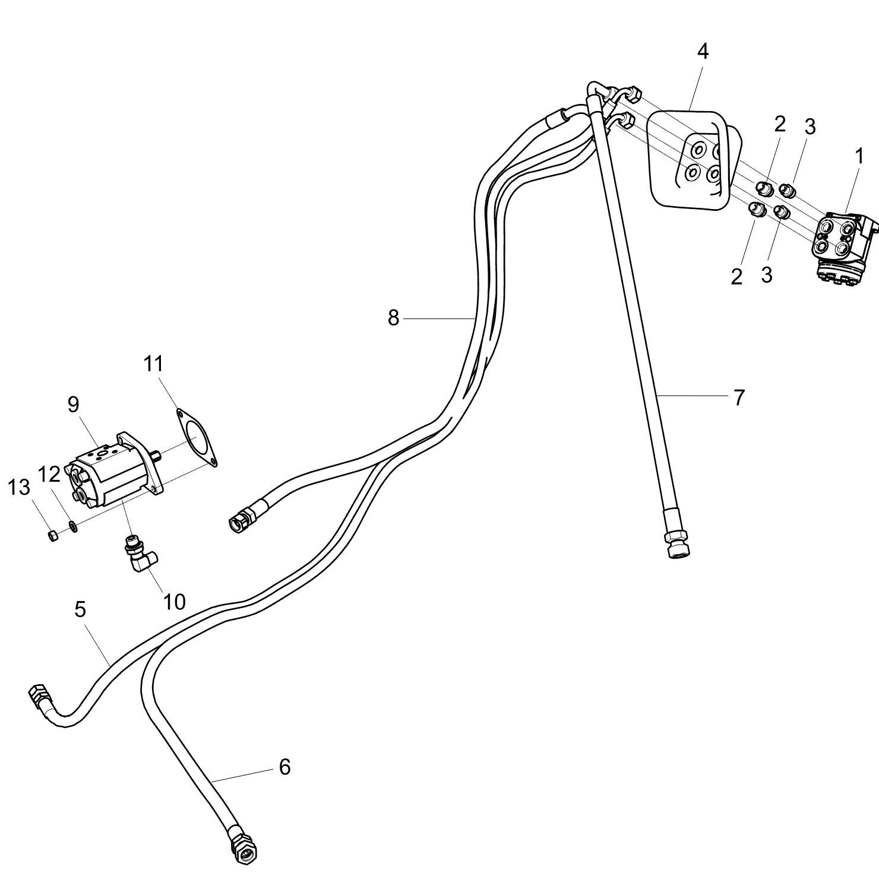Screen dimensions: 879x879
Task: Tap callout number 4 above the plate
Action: click(x=703, y=52)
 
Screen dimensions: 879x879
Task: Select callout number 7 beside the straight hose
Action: click(x=739, y=397)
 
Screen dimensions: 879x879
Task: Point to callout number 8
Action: click(x=394, y=318)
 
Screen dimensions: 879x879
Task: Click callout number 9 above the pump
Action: click(x=73, y=404)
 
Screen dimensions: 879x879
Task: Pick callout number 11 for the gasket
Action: click(x=153, y=363)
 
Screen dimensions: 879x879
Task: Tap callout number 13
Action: click(x=18, y=488)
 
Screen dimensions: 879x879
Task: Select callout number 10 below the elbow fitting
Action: click(x=174, y=602)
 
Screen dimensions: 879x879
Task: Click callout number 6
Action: click(x=285, y=767)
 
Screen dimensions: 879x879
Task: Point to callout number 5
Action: click(x=81, y=609)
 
